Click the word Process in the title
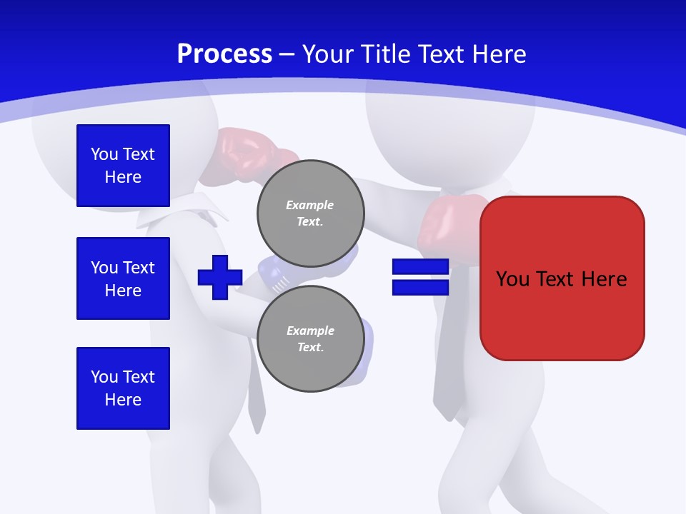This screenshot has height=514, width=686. point(224,54)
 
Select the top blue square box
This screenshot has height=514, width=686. point(123,166)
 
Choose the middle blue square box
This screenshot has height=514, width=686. point(123,278)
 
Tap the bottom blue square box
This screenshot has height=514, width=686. point(123,388)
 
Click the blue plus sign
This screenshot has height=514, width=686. point(220,277)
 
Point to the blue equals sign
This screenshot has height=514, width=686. point(420,277)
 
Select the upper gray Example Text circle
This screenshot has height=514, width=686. point(310,213)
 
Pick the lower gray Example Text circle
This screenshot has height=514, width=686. point(310,338)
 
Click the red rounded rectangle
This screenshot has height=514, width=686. point(562,278)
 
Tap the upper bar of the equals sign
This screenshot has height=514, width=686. point(420,267)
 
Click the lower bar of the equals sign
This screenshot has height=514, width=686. point(420,287)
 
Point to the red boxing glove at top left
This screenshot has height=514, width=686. point(247,150)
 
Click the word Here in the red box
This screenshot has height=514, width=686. point(603,278)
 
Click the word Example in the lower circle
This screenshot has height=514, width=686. point(310,331)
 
